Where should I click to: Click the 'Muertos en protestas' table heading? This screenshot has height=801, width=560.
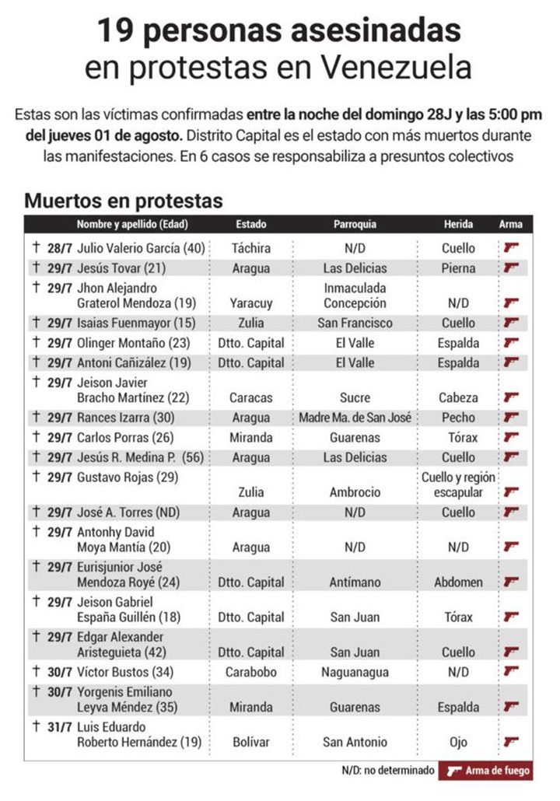point(124,200)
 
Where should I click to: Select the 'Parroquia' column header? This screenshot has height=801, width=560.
point(355,224)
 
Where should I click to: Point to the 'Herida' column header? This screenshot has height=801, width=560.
point(458,224)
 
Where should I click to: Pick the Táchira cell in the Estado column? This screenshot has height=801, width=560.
point(251,248)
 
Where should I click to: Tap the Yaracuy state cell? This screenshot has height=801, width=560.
point(251,303)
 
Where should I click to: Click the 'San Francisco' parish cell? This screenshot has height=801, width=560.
point(355,323)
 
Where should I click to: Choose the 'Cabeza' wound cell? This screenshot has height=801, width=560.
point(458,397)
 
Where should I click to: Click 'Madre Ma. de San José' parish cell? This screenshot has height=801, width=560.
point(355,418)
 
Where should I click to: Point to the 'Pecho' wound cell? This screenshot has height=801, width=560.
point(458,418)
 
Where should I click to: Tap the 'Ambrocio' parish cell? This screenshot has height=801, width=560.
point(355,491)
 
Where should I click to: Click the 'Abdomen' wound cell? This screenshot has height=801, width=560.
point(458,582)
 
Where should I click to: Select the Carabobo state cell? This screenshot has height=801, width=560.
point(251,671)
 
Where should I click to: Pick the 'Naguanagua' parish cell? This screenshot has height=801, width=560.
point(355,671)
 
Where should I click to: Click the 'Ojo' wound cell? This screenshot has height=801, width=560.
point(458,742)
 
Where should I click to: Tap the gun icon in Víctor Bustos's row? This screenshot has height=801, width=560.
point(511,671)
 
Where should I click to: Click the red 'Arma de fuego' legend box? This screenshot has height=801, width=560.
point(487,771)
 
